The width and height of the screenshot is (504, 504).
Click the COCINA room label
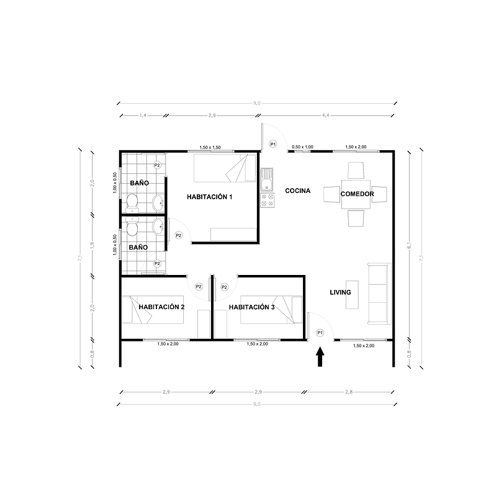click(297, 191)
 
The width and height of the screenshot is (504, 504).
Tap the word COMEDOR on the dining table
click(357, 194)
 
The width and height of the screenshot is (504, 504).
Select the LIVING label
click(340, 292)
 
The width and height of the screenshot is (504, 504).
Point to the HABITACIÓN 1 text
click(209, 197)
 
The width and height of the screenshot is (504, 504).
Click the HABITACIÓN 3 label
click(251, 307)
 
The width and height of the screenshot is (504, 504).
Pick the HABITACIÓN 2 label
click(162, 307)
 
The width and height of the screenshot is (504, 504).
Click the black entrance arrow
click(320, 357)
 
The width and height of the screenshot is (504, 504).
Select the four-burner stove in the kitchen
click(268, 200)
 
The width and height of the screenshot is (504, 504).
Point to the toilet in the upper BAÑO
click(132, 201)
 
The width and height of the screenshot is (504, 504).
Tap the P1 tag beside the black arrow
click(320, 333)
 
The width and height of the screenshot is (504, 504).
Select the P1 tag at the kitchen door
click(273, 144)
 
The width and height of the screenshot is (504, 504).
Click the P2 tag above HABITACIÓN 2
click(199, 286)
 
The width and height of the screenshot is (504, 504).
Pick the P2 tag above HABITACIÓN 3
click(225, 286)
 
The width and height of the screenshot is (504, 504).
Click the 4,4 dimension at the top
click(326, 115)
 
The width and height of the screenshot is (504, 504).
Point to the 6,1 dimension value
click(409, 246)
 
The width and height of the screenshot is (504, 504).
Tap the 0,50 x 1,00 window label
click(303, 146)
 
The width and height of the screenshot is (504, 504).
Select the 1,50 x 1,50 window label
click(210, 147)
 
